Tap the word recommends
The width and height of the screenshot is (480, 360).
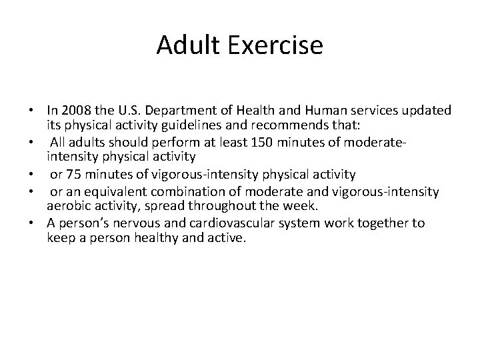[281, 124]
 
